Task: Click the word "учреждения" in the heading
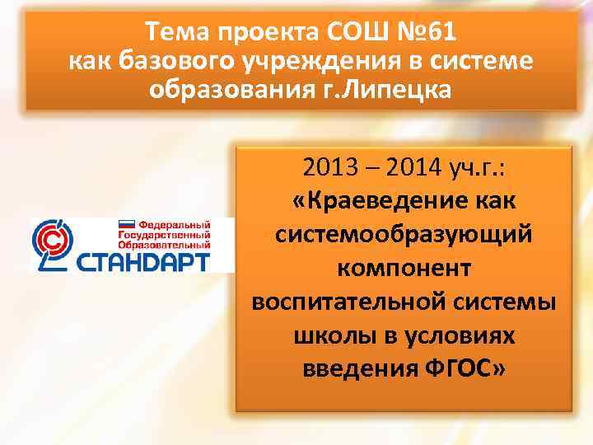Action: pos(309,61)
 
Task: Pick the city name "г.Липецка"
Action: pos(399,89)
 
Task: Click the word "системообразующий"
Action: pos(403,234)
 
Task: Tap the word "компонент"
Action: pos(403,267)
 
